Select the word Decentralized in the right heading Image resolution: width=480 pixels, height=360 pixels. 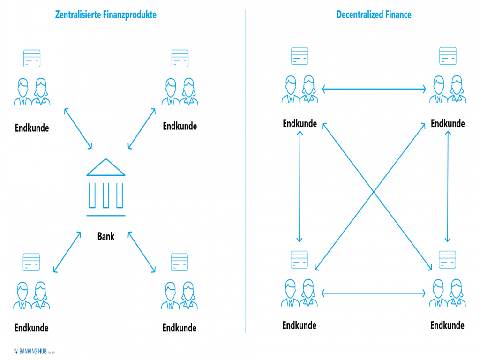coord(359,15)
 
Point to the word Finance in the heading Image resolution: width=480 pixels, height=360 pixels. coord(397,15)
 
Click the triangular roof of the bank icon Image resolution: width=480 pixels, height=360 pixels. coord(106,167)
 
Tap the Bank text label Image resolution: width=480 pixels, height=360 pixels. coord(106,236)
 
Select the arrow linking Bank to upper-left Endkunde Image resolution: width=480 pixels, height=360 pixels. coord(78,129)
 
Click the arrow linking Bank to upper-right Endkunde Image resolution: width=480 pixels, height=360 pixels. coord(142,129)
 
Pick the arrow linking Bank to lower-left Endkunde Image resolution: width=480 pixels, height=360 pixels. coord(67,252)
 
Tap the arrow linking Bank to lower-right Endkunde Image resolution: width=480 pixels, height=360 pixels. coord(142,252)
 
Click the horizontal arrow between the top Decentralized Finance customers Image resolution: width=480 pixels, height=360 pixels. coord(374,88)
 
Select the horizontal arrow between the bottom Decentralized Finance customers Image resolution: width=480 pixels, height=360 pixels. coord(374,294)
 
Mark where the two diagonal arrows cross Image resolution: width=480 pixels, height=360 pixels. coord(374,192)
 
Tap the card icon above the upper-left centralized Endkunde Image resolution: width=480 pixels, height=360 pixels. coord(32,59)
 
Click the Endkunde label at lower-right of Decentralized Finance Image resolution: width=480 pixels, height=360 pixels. coord(447,325)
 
